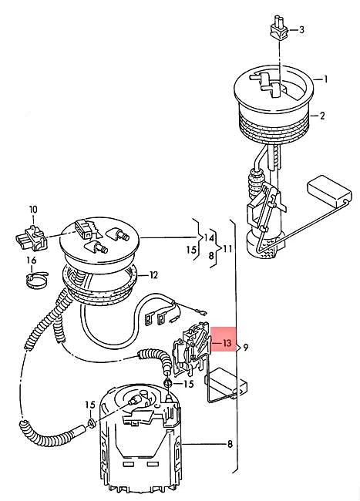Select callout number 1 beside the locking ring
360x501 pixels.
[x=325, y=79]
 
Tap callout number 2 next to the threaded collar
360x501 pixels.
[x=323, y=116]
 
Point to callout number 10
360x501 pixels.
[x=33, y=209]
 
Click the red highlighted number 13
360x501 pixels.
[x=227, y=342]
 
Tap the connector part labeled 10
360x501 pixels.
[x=29, y=234]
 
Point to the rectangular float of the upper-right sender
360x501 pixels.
[x=327, y=189]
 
